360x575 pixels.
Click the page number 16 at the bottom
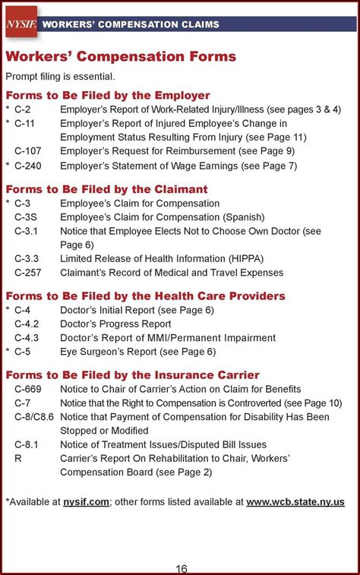click(x=180, y=567)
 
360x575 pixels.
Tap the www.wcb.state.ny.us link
click(x=295, y=501)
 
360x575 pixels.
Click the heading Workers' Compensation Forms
click(x=121, y=57)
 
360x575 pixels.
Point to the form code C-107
click(x=27, y=151)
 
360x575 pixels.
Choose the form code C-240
click(x=27, y=165)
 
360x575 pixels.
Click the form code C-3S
click(x=26, y=217)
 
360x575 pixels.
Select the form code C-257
click(x=27, y=272)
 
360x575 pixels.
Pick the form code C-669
click(x=27, y=389)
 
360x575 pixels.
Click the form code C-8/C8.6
click(x=34, y=416)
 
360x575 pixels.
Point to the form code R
click(x=18, y=458)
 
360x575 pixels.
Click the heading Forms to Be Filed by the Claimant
click(x=106, y=189)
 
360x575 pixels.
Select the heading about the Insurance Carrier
click(x=132, y=375)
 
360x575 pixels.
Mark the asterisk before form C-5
click(x=8, y=352)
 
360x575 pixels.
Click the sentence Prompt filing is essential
click(x=61, y=76)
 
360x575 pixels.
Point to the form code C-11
click(x=25, y=123)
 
